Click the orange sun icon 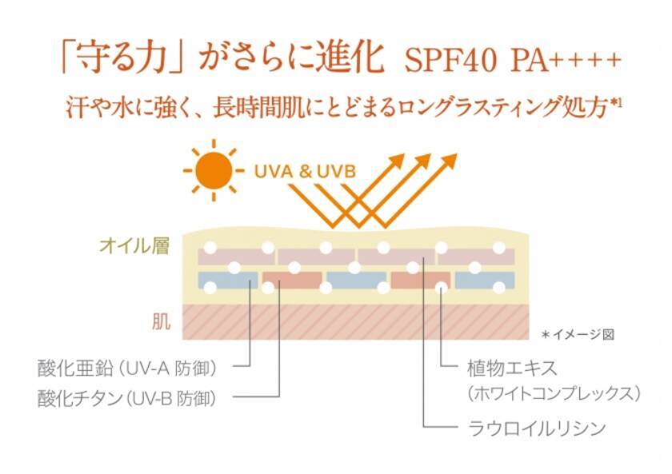214,169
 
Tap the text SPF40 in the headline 454,61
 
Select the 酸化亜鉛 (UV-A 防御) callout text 127,368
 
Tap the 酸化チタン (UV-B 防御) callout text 127,396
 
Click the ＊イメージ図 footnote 577,335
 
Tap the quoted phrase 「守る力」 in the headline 116,58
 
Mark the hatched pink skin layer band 360,321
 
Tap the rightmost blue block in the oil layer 485,280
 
